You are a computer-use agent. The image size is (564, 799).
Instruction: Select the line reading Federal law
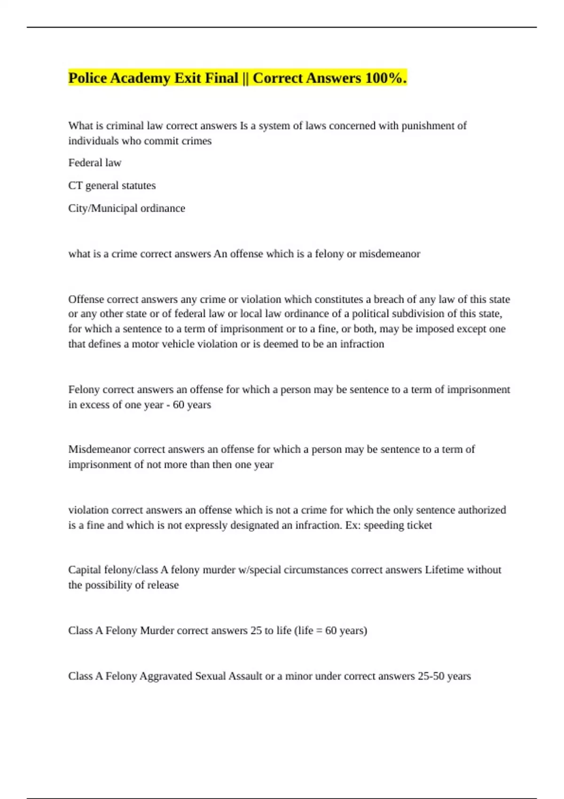point(94,163)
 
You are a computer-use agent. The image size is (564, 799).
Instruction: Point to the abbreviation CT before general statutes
point(75,186)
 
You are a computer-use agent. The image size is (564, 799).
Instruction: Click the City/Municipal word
point(102,208)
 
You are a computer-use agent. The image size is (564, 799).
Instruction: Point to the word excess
point(94,405)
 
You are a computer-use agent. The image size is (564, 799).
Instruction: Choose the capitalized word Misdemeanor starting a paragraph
point(99,449)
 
